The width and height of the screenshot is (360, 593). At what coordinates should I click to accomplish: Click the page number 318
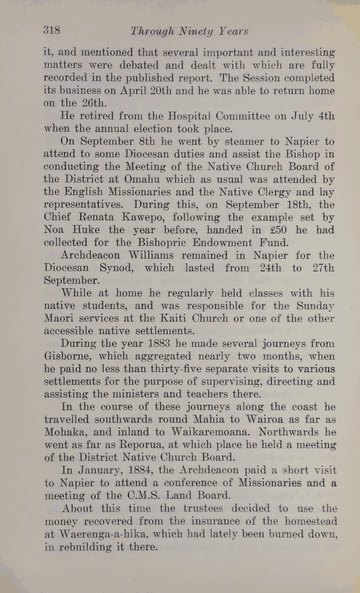[x=52, y=30]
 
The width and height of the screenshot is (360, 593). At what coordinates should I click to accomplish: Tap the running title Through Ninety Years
[x=189, y=31]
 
